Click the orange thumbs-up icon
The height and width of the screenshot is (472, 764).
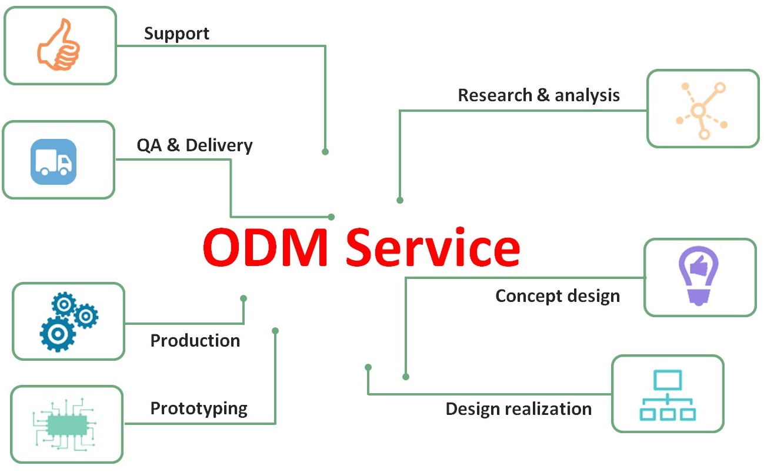click(x=59, y=45)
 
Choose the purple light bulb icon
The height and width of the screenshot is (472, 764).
click(x=699, y=275)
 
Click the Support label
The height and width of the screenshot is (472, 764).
click(x=176, y=33)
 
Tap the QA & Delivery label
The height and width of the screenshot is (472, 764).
click(x=195, y=145)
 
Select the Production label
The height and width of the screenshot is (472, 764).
click(x=195, y=341)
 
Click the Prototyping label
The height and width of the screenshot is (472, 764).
click(x=199, y=408)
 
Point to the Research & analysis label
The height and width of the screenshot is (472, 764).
click(x=539, y=95)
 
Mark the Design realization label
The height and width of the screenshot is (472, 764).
click(x=518, y=408)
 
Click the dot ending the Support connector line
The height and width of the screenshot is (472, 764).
click(x=325, y=151)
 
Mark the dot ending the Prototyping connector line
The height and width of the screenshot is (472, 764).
click(x=275, y=331)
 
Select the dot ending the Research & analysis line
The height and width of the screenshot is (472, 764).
click(x=400, y=200)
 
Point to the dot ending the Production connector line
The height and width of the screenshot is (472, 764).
click(x=243, y=298)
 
